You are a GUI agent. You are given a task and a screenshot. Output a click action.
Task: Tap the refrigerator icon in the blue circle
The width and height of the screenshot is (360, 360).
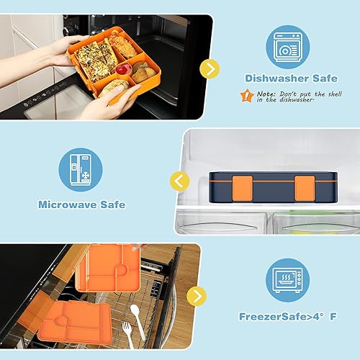81,170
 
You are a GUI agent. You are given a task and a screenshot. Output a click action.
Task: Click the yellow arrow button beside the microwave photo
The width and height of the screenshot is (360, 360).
209,68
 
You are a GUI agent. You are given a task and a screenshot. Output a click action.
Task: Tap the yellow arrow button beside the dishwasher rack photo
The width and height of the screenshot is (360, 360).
195,295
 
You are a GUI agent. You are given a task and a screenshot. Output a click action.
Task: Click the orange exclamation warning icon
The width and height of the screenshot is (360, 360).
247,94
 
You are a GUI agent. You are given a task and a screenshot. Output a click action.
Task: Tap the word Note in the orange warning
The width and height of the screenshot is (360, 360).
264,93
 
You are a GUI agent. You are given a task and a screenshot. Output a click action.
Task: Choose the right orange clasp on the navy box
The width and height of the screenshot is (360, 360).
302,186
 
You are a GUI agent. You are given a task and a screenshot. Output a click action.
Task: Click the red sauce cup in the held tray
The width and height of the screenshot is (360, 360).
124,69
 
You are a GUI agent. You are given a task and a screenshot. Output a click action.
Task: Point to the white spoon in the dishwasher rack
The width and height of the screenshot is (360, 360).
135,315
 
